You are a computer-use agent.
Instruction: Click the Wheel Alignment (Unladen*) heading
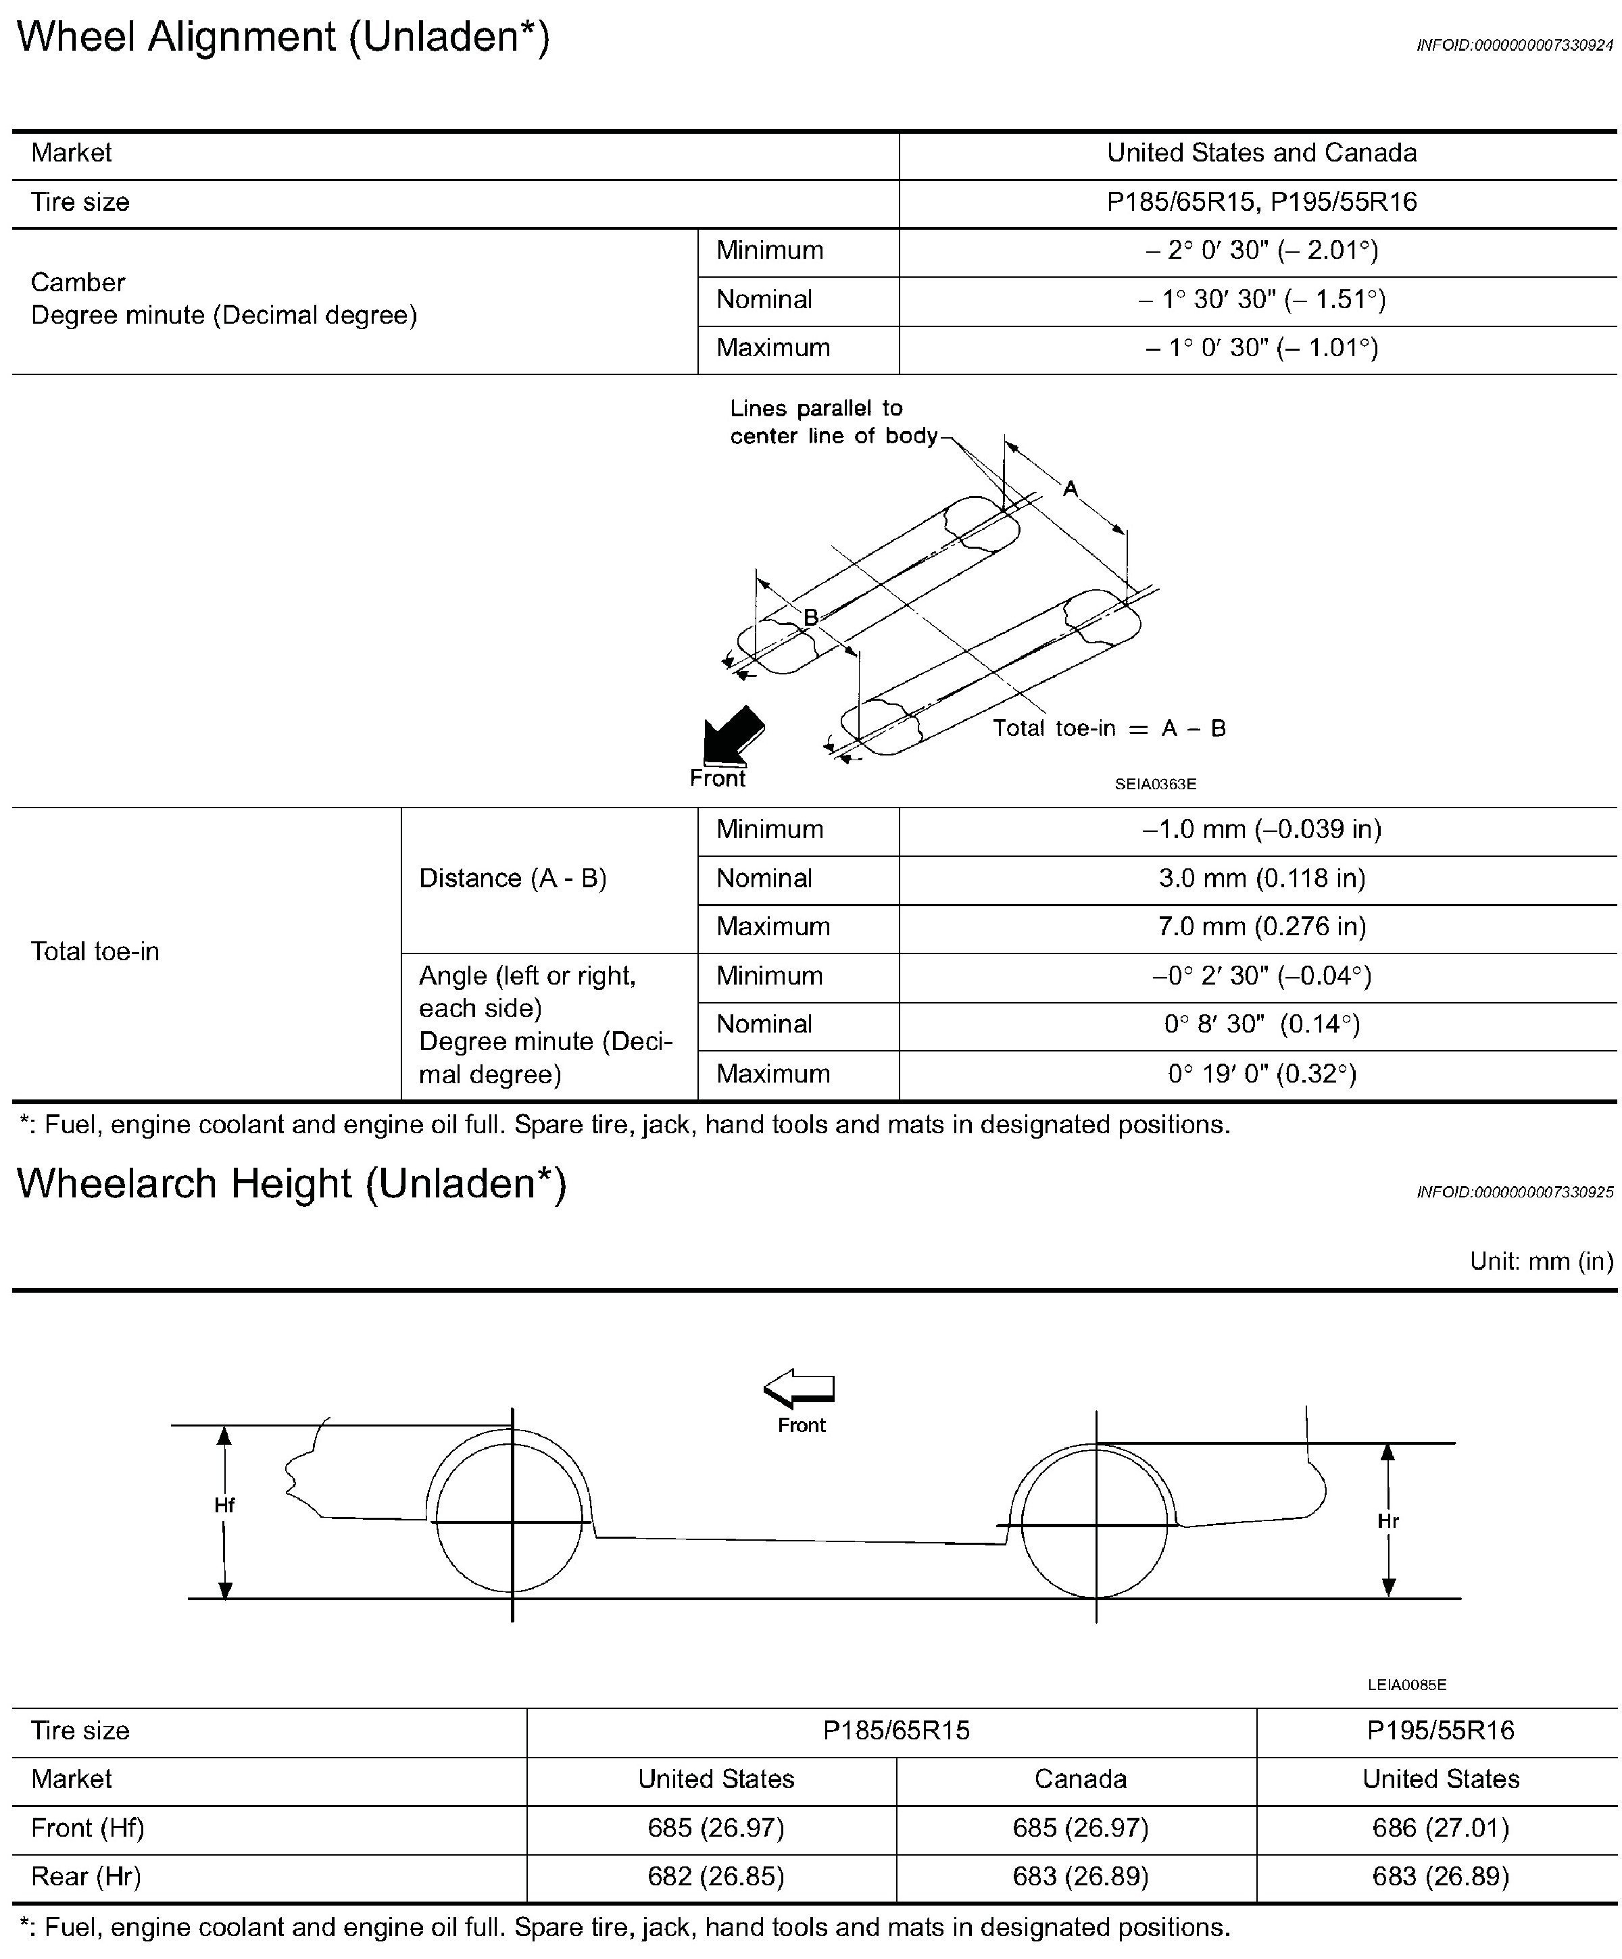[x=284, y=37]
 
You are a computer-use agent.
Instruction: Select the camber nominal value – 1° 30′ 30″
[x=1261, y=299]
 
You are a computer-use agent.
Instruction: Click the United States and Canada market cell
[x=1261, y=153]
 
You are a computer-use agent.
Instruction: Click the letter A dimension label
[x=1071, y=488]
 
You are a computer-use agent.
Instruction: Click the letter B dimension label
[x=810, y=616]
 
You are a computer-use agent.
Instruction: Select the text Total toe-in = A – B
[x=1108, y=728]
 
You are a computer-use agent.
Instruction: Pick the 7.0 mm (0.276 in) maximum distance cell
[x=1261, y=926]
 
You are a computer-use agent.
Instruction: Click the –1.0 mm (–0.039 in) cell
[x=1261, y=829]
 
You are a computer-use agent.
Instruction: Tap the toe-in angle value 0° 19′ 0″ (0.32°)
[x=1261, y=1074]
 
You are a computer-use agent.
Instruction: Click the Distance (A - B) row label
[x=512, y=878]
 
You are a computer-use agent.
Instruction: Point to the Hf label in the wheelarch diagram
[x=224, y=1505]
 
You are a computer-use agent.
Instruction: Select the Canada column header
[x=1080, y=1779]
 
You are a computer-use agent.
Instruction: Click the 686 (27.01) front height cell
[x=1440, y=1827]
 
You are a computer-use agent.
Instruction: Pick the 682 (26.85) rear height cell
[x=716, y=1876]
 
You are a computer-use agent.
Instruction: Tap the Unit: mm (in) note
[x=1541, y=1261]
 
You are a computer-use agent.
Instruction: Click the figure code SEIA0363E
[x=1155, y=785]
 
